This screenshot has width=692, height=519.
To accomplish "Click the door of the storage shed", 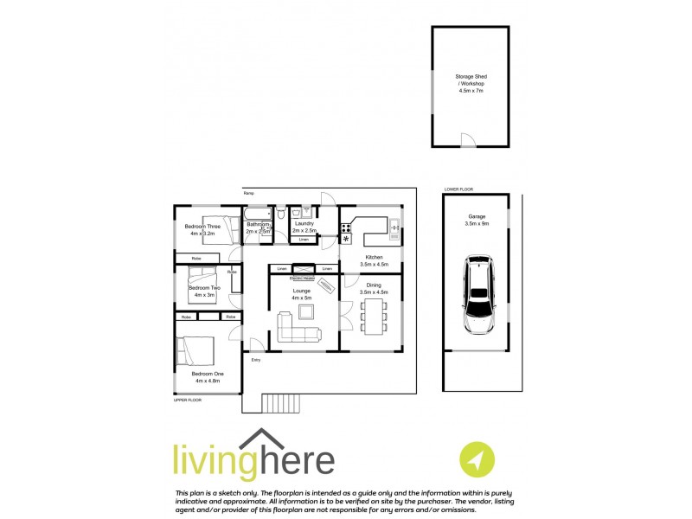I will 467,142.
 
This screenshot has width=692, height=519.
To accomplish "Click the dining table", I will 373,316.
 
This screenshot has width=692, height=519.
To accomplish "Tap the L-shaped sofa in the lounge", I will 298,328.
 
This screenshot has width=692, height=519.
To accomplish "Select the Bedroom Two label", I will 204,291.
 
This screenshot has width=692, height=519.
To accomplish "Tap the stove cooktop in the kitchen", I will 346,228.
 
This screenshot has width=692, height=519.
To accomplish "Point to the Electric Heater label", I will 303,278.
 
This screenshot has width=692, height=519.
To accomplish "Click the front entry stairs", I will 280,403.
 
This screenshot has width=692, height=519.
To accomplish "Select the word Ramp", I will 248,193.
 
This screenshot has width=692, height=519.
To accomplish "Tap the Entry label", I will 255,359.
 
